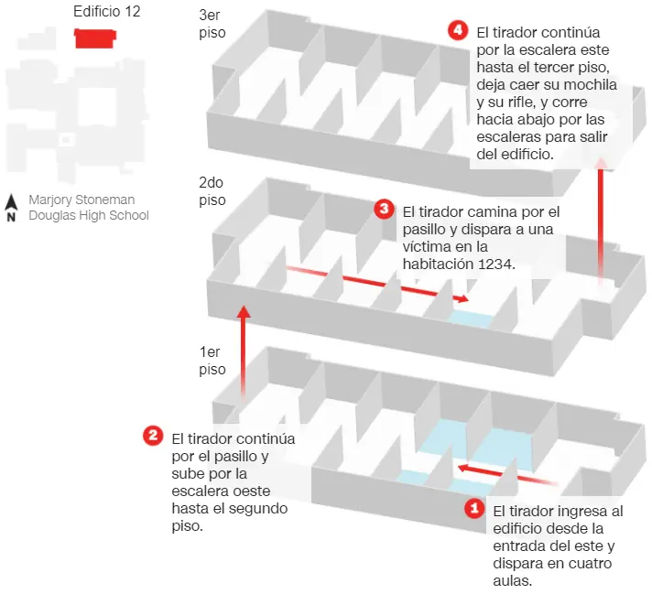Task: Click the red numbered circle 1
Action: pos(474,508)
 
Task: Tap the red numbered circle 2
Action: pos(153,436)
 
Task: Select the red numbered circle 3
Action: pos(384,209)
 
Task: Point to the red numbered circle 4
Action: pos(458,30)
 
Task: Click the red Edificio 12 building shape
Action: pos(95,38)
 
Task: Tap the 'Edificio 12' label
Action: pos(107,11)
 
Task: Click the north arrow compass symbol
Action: pos(11,208)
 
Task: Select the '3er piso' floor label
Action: pos(212,24)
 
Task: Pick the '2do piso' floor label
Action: pos(212,191)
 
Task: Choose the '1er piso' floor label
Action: pos(212,361)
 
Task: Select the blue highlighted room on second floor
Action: pos(471,319)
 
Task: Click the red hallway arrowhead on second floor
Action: pos(462,298)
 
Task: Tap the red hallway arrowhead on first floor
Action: pos(464,469)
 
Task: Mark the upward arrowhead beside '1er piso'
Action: pos(244,312)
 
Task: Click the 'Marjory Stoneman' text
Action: pos(81,200)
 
